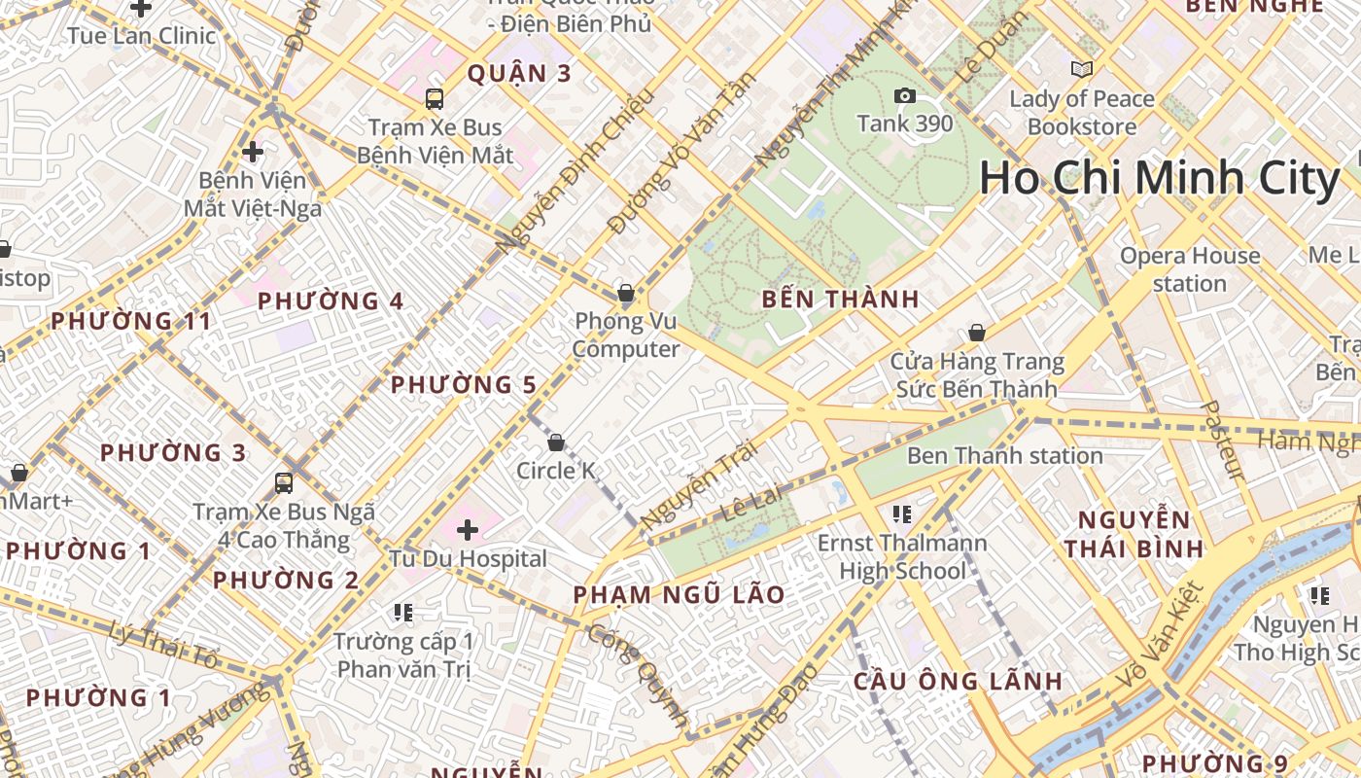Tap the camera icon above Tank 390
coord(904,95)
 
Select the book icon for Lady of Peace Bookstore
coord(1081,69)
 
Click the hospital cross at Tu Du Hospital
coord(468,530)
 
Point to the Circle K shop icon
coord(556,443)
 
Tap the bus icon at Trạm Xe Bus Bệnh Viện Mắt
coord(435,98)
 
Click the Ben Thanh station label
coord(1004,455)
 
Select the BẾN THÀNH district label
coord(841,299)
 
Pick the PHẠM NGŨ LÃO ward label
coord(679,595)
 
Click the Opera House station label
coord(1190,269)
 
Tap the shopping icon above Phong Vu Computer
coord(626,293)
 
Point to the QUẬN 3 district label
coord(520,74)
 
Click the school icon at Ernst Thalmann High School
coord(901,513)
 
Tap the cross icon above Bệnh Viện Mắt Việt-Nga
coord(253,152)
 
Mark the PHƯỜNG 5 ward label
coord(464,385)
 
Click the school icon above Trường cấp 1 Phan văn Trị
coord(403,613)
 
